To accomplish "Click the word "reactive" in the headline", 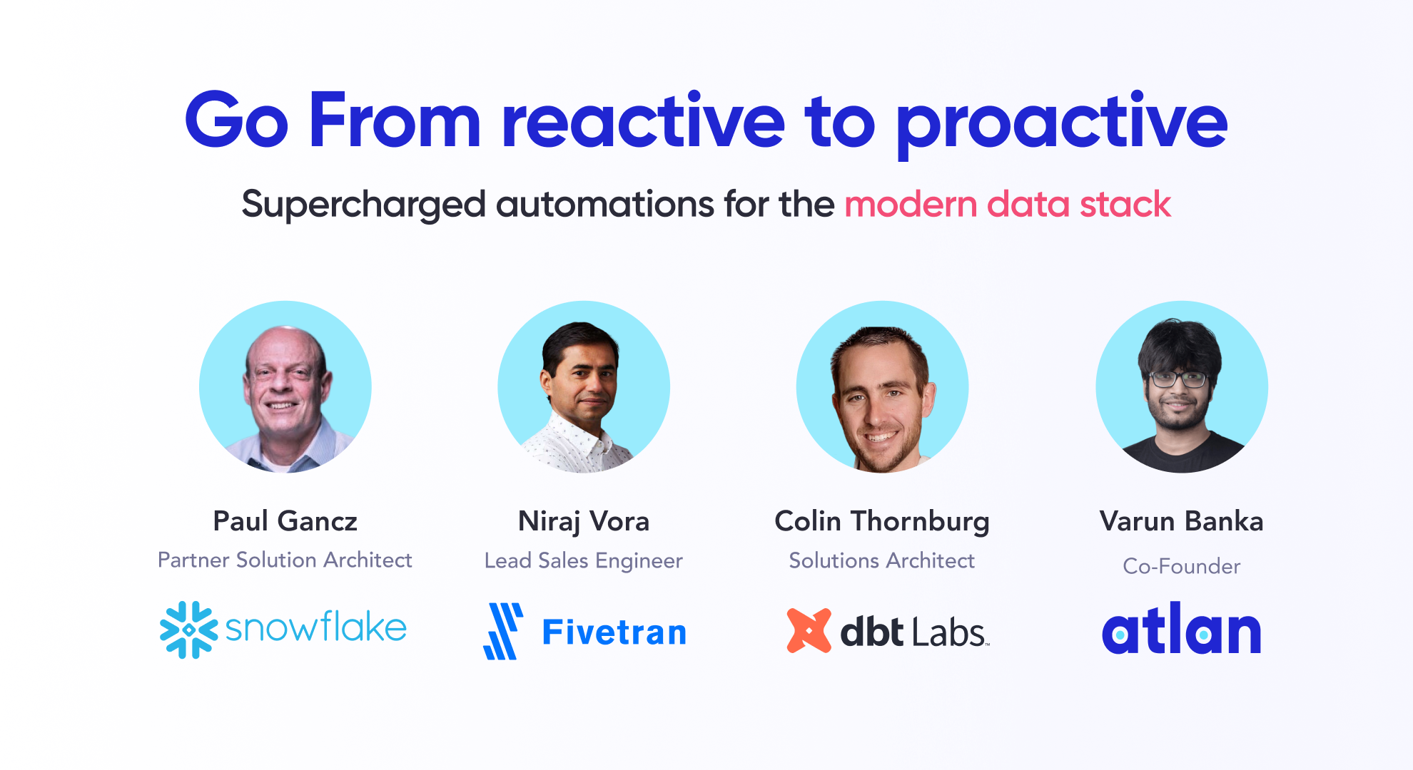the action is (x=643, y=121).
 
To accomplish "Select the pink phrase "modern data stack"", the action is (x=1008, y=204).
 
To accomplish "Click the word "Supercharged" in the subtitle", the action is (x=364, y=205).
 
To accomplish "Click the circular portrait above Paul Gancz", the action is (x=285, y=386).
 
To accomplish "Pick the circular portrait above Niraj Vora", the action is (x=584, y=386).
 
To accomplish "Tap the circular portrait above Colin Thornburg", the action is (x=883, y=386).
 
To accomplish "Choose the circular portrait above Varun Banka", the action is (x=1182, y=386).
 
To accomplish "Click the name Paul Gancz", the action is (x=285, y=521).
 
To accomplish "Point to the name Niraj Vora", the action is (x=584, y=522).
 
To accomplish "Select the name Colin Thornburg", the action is (x=882, y=522).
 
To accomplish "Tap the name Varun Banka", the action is (x=1182, y=521).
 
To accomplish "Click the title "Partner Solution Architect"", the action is (x=285, y=560).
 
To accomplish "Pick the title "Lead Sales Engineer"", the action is (x=584, y=561).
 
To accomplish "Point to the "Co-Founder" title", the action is (x=1182, y=566).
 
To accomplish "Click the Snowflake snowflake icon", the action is (x=188, y=630).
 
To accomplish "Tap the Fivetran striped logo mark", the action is (x=504, y=631).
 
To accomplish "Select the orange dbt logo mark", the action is (x=809, y=630).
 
